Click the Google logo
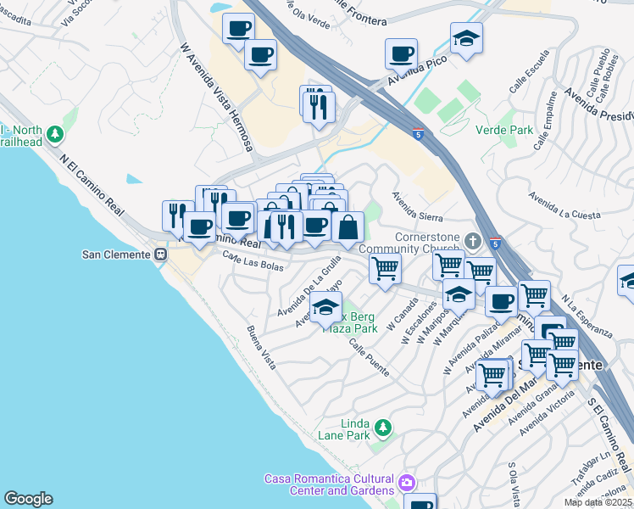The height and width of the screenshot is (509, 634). pyautogui.click(x=28, y=499)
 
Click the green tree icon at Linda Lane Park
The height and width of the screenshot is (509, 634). pyautogui.click(x=383, y=425)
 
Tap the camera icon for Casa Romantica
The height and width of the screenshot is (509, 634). pyautogui.click(x=408, y=483)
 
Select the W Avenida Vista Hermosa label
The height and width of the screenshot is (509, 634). pyautogui.click(x=216, y=97)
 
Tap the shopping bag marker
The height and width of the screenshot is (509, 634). pyautogui.click(x=348, y=227)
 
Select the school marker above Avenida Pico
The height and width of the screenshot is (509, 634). pyautogui.click(x=466, y=39)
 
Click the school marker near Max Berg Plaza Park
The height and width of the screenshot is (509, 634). pyautogui.click(x=325, y=310)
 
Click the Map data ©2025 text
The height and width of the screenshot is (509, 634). pyautogui.click(x=597, y=502)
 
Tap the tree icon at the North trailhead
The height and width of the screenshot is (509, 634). pyautogui.click(x=55, y=134)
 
